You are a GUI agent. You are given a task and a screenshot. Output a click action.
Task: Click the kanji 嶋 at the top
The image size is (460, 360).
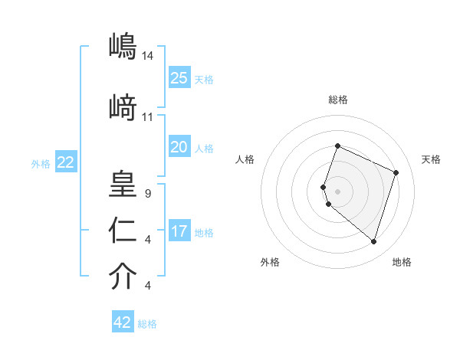tap(122, 46)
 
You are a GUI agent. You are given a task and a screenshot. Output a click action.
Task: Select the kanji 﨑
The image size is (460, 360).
tap(122, 108)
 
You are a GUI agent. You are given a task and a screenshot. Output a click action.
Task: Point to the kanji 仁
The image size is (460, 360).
tap(122, 231)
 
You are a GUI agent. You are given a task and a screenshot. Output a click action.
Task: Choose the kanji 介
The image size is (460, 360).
tap(122, 277)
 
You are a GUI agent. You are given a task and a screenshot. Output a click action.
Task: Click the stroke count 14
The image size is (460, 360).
tap(148, 56)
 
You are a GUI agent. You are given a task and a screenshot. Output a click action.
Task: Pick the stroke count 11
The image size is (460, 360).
tap(148, 117)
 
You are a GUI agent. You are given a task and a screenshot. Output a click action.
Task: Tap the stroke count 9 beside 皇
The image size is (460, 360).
tap(146, 194)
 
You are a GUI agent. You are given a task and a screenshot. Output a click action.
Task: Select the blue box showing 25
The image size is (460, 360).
tap(179, 77)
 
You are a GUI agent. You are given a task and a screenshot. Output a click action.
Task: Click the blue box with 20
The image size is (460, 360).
tap(179, 147)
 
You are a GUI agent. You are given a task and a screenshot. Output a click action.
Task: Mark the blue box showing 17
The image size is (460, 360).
tap(179, 231)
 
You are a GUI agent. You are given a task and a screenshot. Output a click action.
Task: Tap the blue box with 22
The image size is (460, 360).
tap(66, 162)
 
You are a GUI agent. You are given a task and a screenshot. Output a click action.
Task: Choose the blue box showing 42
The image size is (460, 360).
tap(123, 322)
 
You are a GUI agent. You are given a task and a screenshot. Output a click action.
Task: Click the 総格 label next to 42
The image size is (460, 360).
tap(147, 324)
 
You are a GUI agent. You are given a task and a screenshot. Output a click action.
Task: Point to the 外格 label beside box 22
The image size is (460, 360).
tap(41, 163)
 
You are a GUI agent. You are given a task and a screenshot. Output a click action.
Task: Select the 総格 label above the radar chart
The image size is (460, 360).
tap(337, 100)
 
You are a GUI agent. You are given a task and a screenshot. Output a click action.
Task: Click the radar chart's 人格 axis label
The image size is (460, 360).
tap(245, 159)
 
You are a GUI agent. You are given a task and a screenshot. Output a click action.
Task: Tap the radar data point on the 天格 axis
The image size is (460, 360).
tap(396, 172)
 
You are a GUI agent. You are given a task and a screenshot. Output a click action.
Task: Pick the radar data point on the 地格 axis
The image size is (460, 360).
tap(373, 242)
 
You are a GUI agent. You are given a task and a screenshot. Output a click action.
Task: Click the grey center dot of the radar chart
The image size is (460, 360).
tap(337, 191)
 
